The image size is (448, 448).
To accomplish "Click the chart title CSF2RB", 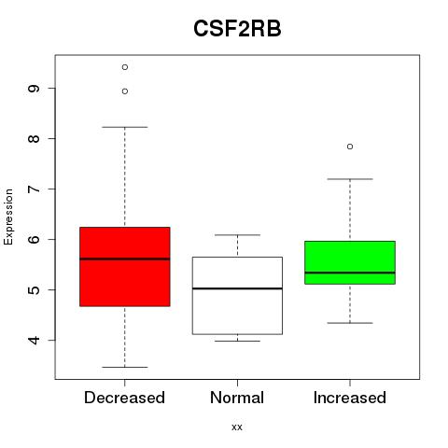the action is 237,29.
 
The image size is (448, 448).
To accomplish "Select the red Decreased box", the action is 125,267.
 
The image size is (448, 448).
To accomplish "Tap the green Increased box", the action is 350,262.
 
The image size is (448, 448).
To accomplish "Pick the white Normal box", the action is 237,296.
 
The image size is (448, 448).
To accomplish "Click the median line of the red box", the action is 125,259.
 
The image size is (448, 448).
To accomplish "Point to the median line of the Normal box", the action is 237,288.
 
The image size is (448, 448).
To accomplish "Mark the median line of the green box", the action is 350,273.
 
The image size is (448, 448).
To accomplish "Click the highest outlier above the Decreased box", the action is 125,67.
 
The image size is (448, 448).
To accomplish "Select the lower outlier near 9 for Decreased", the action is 125,91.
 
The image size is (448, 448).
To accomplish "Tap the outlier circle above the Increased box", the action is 350,147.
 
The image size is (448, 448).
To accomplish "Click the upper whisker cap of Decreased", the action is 125,127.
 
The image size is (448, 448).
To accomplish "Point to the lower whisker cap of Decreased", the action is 125,367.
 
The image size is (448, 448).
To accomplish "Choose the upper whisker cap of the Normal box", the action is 237,235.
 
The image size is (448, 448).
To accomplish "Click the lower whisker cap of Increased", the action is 350,323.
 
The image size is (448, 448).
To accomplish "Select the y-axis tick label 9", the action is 34,89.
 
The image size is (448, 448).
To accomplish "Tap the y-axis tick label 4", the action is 34,340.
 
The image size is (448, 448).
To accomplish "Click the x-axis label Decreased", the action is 124,398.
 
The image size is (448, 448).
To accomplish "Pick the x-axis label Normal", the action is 237,398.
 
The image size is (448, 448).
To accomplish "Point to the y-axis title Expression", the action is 8,217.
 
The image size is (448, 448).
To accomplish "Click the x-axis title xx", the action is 237,427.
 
